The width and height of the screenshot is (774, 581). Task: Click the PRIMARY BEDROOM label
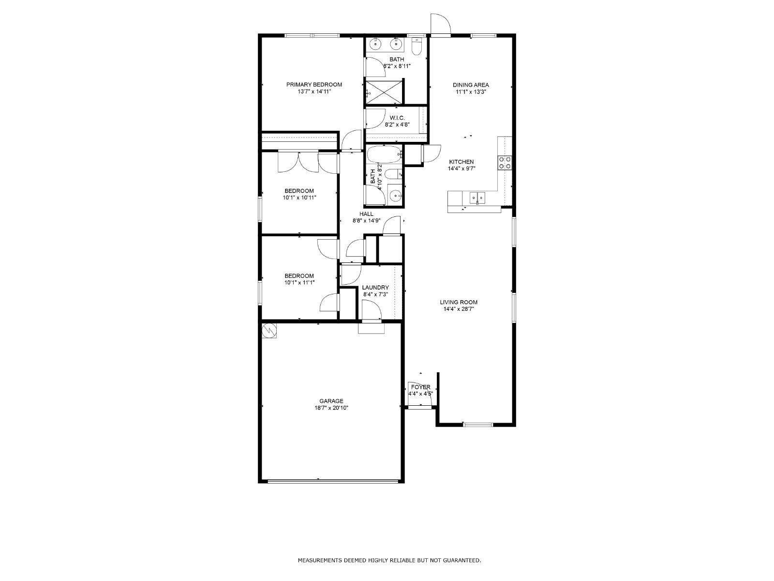pos(314,85)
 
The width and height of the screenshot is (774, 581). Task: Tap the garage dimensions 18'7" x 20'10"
pos(331,408)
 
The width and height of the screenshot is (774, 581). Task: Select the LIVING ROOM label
pos(459,302)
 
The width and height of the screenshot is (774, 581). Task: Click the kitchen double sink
pos(478,198)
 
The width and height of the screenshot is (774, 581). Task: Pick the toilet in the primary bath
pos(417,47)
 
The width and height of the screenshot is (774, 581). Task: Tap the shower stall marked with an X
pos(384,92)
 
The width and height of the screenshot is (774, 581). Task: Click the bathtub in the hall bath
pos(385,154)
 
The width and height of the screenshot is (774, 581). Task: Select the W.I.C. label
pos(397,118)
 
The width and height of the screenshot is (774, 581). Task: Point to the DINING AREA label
pos(471,85)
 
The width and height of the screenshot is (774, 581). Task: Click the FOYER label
pos(420,387)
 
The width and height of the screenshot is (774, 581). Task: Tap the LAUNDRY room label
pos(375,288)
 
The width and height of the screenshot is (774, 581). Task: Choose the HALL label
pos(366,214)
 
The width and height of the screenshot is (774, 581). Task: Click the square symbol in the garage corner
pos(269,331)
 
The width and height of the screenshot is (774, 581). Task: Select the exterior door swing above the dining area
pos(440,25)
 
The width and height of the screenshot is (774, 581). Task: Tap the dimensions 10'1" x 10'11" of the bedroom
pos(299,198)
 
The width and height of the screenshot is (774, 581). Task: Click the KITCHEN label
pos(461,162)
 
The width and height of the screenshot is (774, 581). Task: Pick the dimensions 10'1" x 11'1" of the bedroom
pos(299,283)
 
